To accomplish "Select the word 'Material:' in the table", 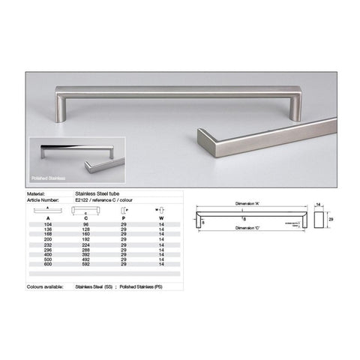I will (37, 193).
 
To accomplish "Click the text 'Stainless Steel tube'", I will (95, 193).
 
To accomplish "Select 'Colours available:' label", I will (43, 286).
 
